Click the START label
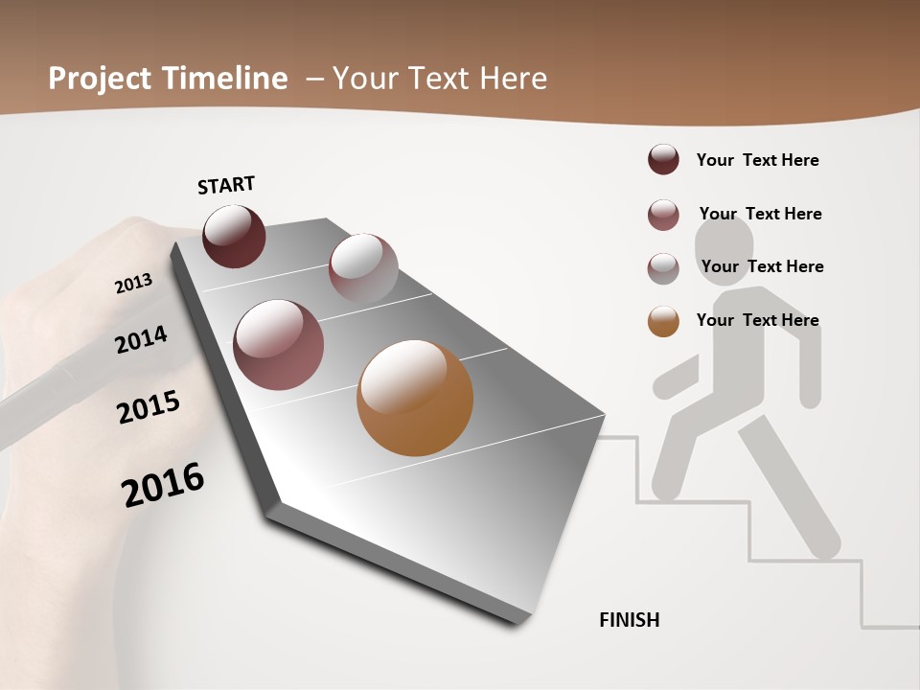click(x=226, y=184)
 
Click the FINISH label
click(x=629, y=620)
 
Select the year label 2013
click(x=133, y=283)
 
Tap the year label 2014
click(x=141, y=340)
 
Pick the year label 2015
click(x=149, y=407)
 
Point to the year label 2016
click(x=163, y=484)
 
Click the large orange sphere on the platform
click(x=415, y=398)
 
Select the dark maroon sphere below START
click(x=234, y=237)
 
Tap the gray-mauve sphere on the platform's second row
click(x=363, y=267)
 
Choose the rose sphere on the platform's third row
click(x=278, y=345)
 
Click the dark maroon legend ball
click(x=663, y=159)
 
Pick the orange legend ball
click(x=663, y=321)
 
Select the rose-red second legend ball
click(x=663, y=215)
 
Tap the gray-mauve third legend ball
click(x=663, y=268)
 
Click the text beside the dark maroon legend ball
click(x=757, y=160)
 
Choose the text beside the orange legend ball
click(x=757, y=320)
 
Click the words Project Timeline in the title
click(x=168, y=79)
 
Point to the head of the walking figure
click(x=724, y=246)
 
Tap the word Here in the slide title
click(x=513, y=79)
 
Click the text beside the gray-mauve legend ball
click(x=762, y=266)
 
